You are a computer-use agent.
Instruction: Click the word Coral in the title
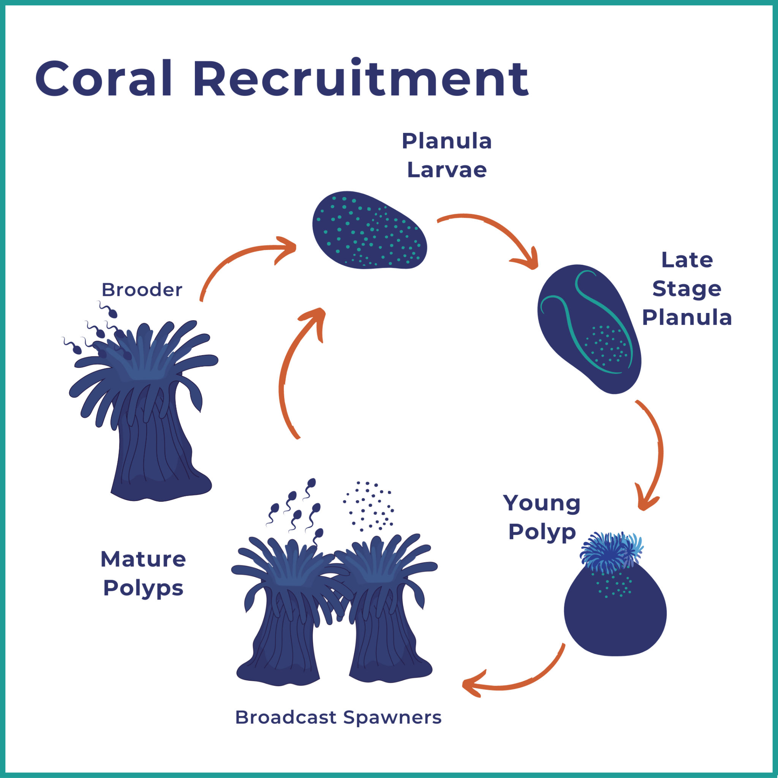104,79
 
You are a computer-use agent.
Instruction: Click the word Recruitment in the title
361,79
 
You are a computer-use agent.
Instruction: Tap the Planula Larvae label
447,155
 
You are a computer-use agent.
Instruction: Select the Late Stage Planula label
687,288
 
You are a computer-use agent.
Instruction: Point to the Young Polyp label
542,517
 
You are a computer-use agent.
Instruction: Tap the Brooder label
142,290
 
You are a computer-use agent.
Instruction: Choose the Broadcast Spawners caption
338,717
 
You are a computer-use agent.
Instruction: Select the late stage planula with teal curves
589,328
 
